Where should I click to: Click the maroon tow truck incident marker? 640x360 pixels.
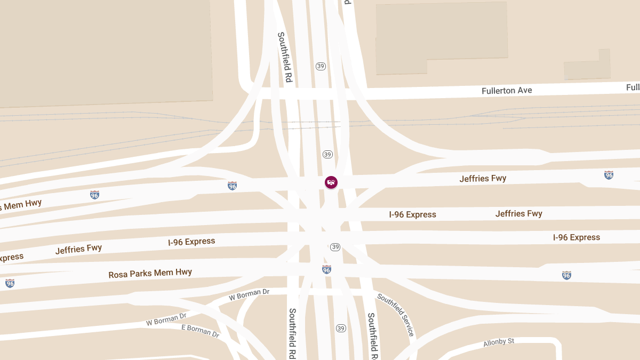tap(331, 182)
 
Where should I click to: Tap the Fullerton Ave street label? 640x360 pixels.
tap(507, 91)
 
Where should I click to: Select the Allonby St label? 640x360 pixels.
tap(499, 342)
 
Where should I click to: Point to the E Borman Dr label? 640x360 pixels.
tap(201, 331)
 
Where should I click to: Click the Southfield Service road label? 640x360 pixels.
tap(396, 315)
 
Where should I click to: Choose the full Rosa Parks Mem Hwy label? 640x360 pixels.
tap(150, 274)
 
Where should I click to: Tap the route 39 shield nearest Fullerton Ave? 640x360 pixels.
tap(321, 66)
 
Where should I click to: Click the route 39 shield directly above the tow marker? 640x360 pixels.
tap(327, 154)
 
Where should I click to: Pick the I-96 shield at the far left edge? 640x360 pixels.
tap(10, 283)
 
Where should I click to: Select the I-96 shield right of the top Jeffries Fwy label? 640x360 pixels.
tap(609, 175)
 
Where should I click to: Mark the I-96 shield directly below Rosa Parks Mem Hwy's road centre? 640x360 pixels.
tap(326, 270)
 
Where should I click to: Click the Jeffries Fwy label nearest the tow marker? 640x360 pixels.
tap(483, 179)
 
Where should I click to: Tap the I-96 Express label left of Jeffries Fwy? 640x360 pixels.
tap(412, 214)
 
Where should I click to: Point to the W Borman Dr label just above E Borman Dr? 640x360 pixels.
tap(166, 320)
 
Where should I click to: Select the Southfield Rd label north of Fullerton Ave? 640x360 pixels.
tap(285, 57)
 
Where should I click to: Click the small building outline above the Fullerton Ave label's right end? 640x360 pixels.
tap(587, 66)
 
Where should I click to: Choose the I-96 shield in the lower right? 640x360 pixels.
tap(566, 275)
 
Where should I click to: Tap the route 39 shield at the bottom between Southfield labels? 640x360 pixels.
tap(341, 328)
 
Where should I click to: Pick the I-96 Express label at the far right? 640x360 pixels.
tap(576, 237)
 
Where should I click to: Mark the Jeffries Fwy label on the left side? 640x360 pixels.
tap(78, 249)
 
